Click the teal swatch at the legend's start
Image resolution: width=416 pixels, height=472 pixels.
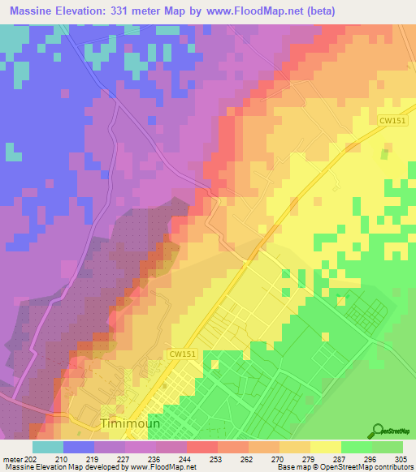(47, 446)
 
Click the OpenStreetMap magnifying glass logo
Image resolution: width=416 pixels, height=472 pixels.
(379, 431)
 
